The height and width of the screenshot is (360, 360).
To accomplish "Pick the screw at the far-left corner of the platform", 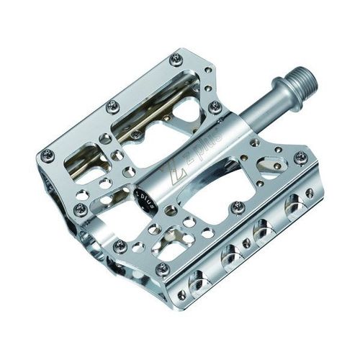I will pos(47,153).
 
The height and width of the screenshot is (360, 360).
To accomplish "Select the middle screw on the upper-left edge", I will pos(112,106).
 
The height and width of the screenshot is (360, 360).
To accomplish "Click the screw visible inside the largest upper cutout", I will pos(136,134).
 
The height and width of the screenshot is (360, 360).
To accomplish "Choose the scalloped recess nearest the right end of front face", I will pos(293,207).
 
